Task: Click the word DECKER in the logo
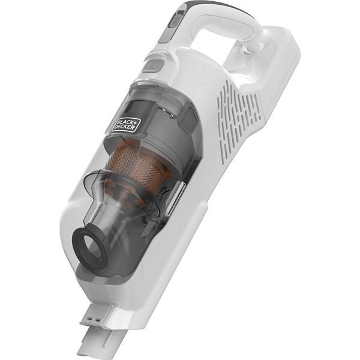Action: point(130,127)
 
